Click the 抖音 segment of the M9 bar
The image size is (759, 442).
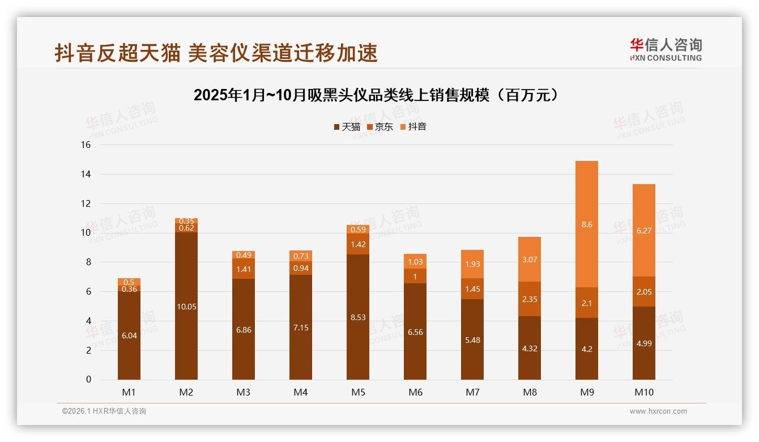[586, 224]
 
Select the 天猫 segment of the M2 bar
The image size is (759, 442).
[186, 306]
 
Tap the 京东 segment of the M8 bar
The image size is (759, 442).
[529, 299]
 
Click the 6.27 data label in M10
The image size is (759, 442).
[644, 231]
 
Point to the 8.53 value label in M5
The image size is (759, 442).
[358, 317]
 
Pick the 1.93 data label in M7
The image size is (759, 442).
[472, 264]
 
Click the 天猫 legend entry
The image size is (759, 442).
[347, 127]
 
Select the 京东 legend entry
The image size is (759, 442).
[380, 127]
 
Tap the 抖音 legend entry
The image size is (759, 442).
[413, 127]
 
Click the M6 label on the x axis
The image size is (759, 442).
[415, 392]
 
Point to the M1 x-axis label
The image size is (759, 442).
[129, 392]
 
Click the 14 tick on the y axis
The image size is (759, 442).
[86, 175]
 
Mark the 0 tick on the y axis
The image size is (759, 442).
[88, 380]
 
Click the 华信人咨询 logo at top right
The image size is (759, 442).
[666, 49]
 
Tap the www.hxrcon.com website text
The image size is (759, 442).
[658, 411]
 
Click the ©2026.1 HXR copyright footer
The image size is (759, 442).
[104, 411]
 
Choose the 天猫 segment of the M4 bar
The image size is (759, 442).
[301, 328]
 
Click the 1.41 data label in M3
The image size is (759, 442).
[244, 269]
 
